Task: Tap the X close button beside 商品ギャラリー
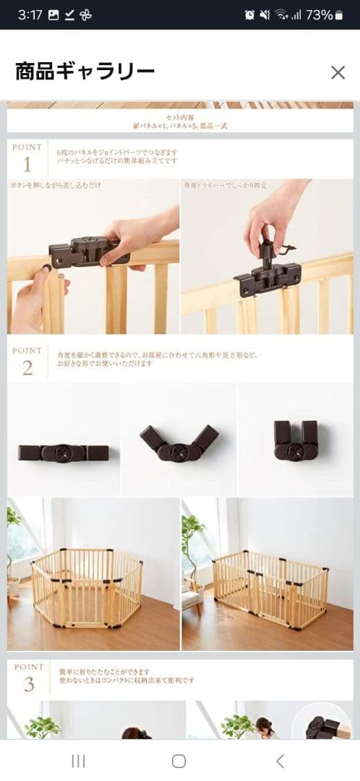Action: coord(338,72)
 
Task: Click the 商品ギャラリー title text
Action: coord(85,72)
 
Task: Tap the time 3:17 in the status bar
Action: coord(30,14)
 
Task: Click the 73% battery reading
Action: coord(320,14)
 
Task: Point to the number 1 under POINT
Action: coord(27,164)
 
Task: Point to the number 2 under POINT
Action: coord(27,367)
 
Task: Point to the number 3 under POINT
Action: coord(28,684)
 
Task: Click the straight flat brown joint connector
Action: coord(64,453)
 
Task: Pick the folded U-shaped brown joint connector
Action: coord(296,440)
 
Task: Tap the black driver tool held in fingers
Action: coord(271,249)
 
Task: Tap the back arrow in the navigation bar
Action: coord(280,761)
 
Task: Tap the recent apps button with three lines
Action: coord(78,761)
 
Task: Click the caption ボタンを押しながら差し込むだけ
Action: coord(56,186)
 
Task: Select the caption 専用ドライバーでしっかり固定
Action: coord(226,186)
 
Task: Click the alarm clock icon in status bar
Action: coord(249,14)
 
